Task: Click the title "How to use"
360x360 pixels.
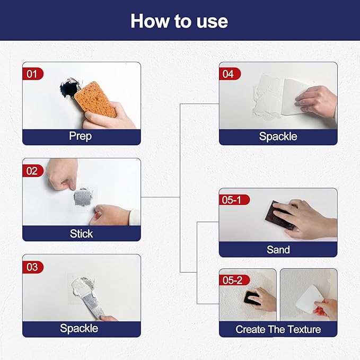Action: [179, 21]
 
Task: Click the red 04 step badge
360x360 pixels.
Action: [229, 74]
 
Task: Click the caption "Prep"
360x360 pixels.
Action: [81, 136]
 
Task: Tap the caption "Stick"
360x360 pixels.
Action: [81, 233]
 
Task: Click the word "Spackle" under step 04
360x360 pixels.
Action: [278, 136]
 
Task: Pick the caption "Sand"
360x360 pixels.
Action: [278, 249]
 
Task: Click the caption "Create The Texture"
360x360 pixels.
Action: [278, 329]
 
